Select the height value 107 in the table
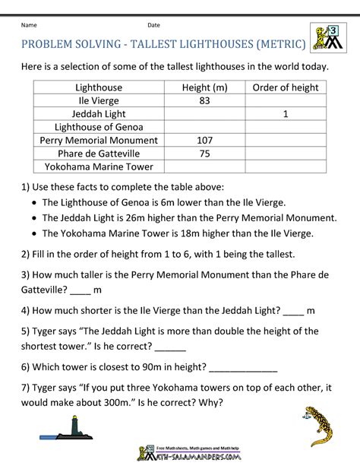tap(205, 140)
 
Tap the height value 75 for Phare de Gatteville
tap(205, 153)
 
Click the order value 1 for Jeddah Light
tap(285, 113)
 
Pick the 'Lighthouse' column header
tap(99, 87)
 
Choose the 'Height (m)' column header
tap(205, 87)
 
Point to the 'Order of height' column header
tap(285, 87)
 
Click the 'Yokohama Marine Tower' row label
tap(99, 166)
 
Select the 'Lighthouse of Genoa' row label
tap(99, 127)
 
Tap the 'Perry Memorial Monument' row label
tap(99, 140)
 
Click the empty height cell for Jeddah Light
tap(205, 113)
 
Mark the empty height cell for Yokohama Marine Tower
tap(205, 166)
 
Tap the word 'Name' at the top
tap(30, 25)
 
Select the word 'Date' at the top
tap(153, 25)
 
